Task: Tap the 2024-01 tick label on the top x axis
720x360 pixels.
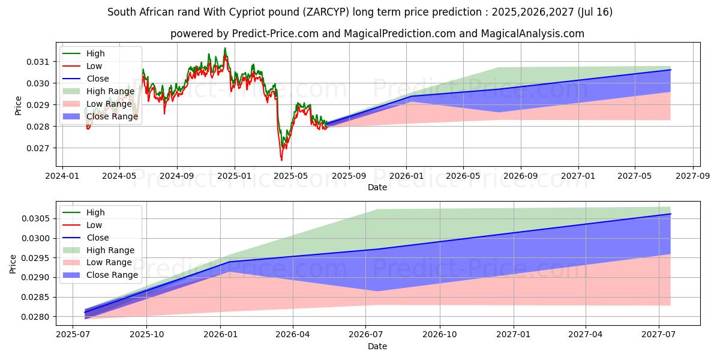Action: click(x=62, y=176)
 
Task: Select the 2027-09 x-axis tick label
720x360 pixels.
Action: click(x=693, y=176)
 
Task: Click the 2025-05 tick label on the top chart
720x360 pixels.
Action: click(x=291, y=176)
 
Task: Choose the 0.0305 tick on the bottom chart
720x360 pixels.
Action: click(x=41, y=219)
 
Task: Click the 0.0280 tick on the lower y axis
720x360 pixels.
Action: click(x=41, y=317)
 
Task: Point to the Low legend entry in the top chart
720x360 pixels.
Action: click(x=94, y=66)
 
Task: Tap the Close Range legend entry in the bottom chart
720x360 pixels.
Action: click(x=113, y=275)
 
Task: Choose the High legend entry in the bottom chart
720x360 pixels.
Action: click(x=95, y=212)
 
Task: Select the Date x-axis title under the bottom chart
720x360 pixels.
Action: click(x=377, y=346)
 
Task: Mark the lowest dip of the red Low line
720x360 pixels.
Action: click(x=281, y=160)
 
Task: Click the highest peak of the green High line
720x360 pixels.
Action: click(x=225, y=48)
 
